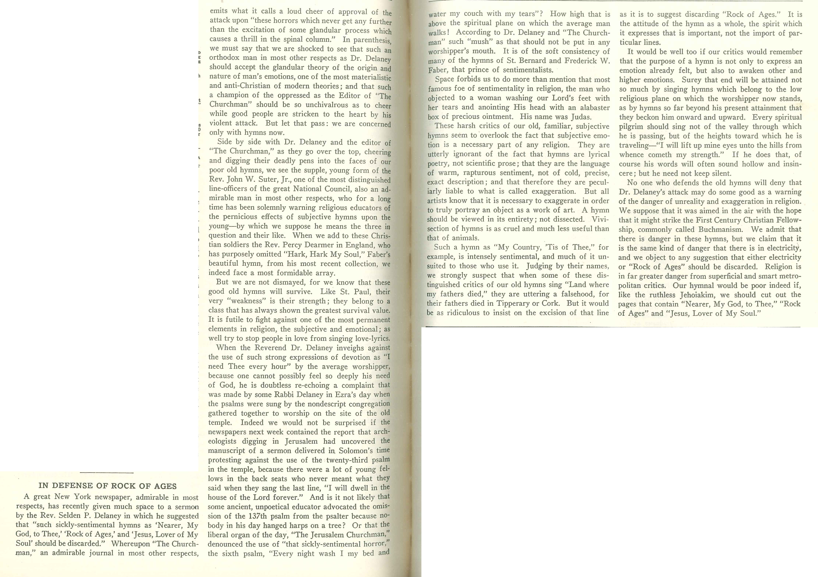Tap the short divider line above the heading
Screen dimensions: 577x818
click(x=107, y=473)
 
